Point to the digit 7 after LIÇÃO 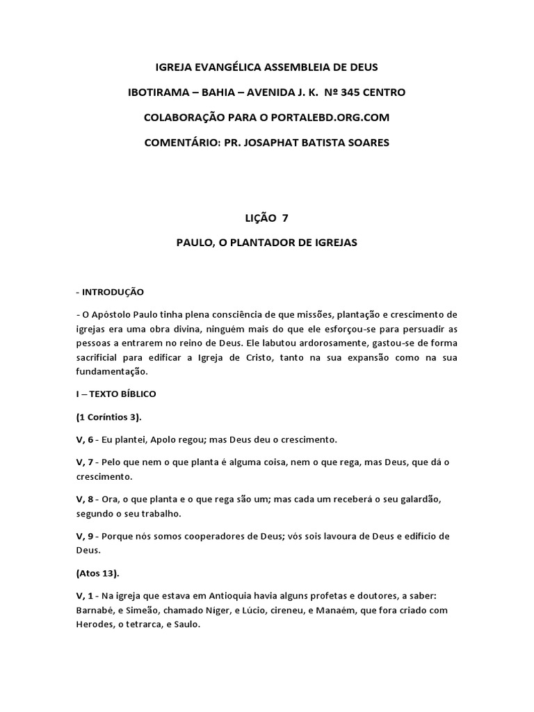coord(284,218)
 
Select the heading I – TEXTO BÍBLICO coord(116,394)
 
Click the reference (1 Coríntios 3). coord(109,416)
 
